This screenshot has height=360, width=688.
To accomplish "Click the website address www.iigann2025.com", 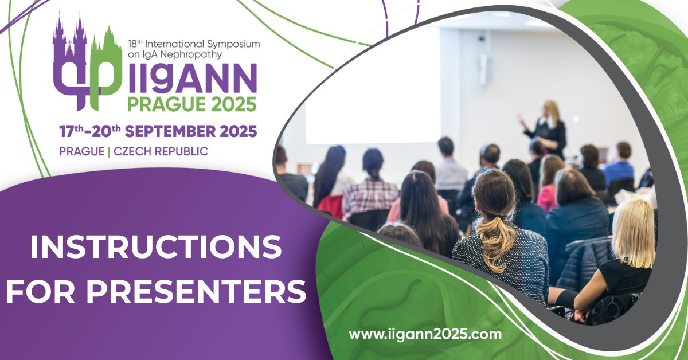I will [425, 334].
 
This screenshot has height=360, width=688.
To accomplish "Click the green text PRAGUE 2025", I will [191, 104].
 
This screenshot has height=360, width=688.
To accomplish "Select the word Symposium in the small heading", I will [235, 44].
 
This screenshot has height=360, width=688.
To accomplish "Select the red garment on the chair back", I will [331, 205].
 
